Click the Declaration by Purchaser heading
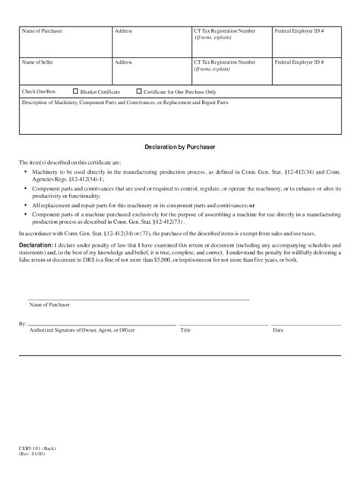180,146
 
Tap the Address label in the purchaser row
123,31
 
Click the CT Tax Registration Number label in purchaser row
224,31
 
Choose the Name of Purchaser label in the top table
44,31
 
